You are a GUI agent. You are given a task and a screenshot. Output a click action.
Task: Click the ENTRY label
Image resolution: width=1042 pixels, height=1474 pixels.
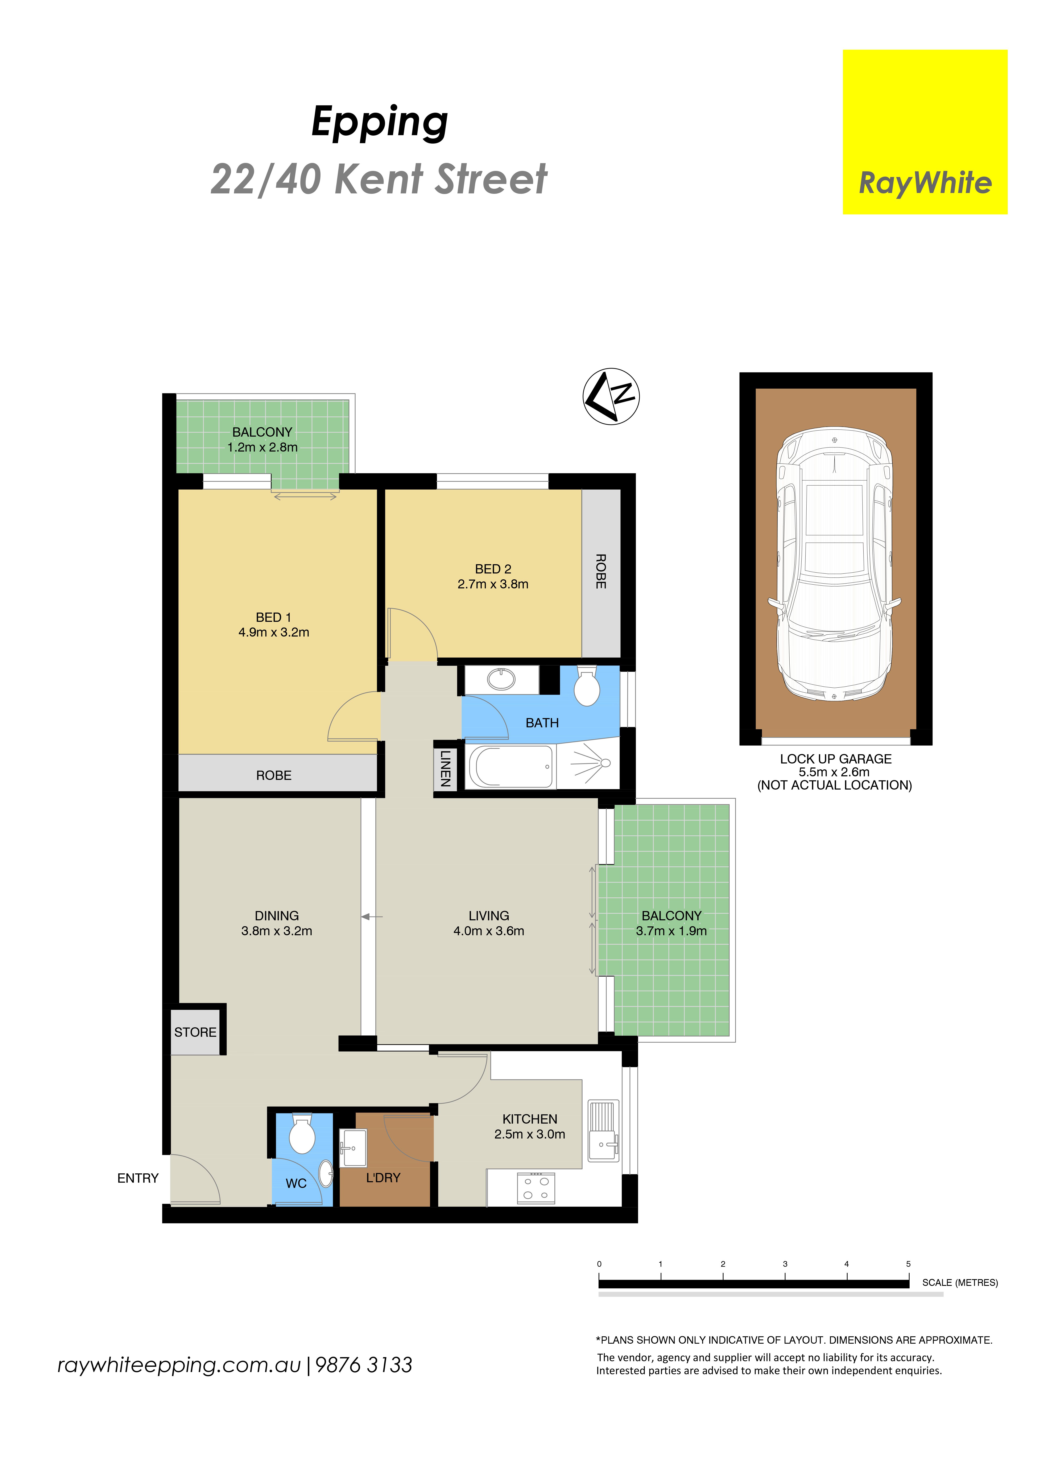tap(138, 1178)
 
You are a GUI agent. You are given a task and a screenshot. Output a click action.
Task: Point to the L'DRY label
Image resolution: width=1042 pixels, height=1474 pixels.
tap(383, 1177)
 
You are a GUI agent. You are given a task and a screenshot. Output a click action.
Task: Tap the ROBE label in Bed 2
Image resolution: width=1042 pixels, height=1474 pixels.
tap(601, 571)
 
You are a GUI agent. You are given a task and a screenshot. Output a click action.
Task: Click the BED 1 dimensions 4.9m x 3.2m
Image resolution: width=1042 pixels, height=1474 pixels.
tap(274, 632)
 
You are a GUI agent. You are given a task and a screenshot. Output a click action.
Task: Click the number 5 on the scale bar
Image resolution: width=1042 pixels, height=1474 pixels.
tap(909, 1263)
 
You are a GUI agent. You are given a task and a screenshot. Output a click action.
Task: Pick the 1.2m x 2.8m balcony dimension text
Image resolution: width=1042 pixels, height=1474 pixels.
tap(262, 448)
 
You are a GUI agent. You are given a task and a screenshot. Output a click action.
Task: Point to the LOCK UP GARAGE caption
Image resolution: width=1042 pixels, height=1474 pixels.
tap(836, 759)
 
